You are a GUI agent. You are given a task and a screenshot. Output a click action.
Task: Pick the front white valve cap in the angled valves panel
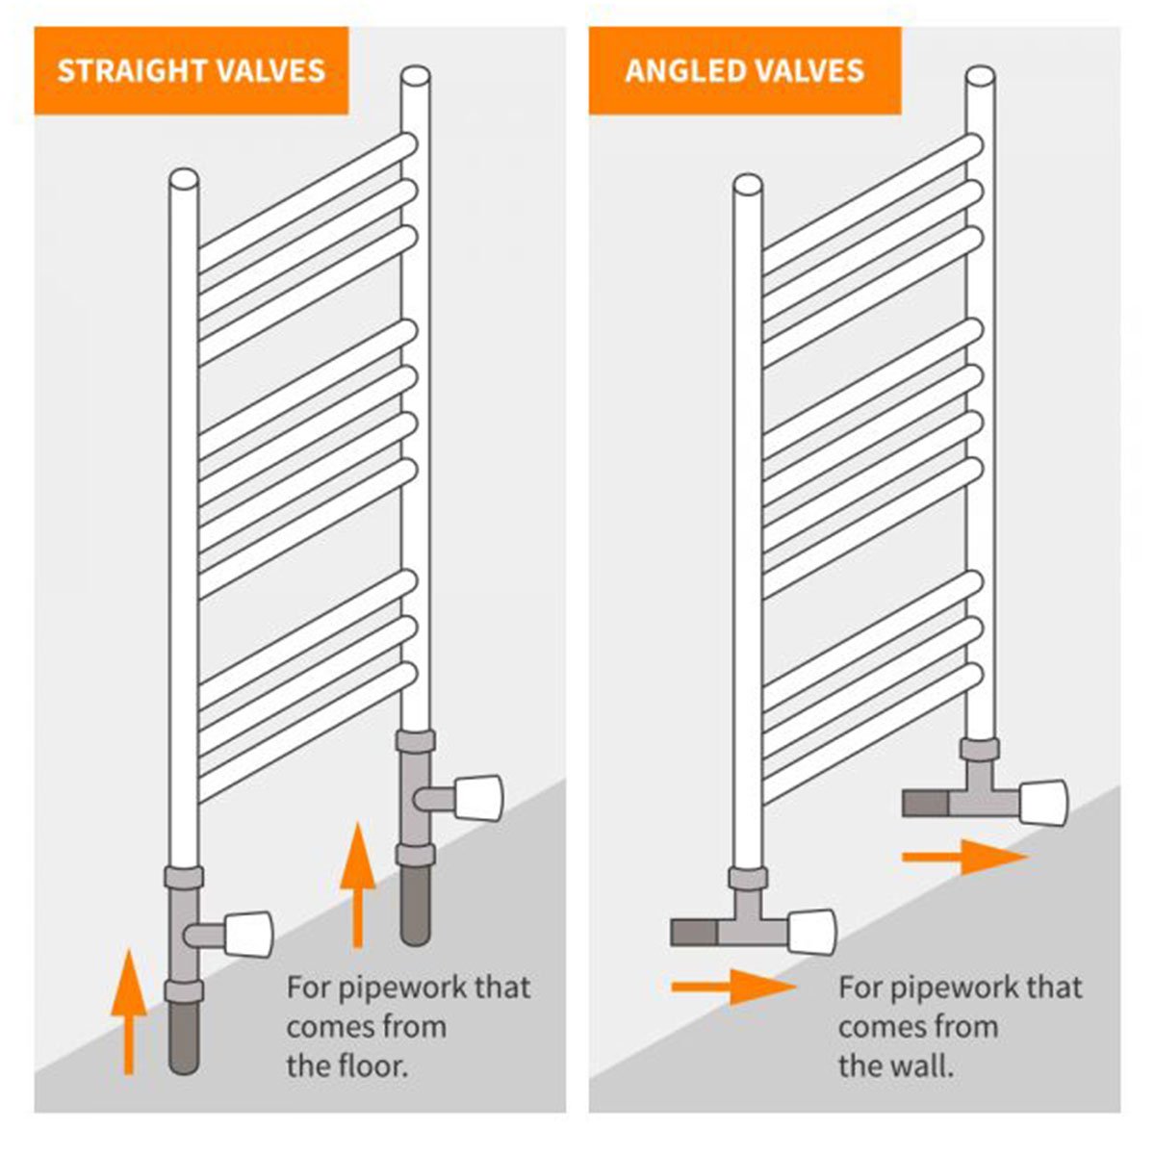tap(811, 931)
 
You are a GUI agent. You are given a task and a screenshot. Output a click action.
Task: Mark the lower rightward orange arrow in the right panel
tap(733, 987)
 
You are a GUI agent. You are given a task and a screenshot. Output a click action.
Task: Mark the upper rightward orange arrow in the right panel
tap(965, 857)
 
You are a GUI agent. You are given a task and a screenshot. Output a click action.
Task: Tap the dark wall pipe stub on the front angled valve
tap(693, 932)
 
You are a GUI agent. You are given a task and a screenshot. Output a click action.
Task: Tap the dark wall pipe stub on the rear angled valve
tap(925, 802)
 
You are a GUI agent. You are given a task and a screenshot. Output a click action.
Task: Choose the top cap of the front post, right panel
tap(748, 184)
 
